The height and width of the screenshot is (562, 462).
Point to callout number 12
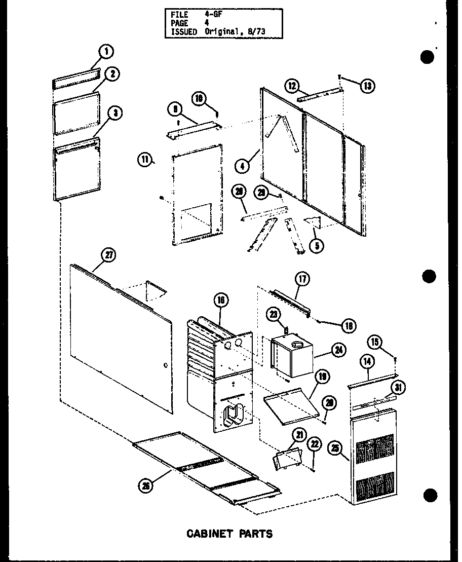(292, 86)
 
